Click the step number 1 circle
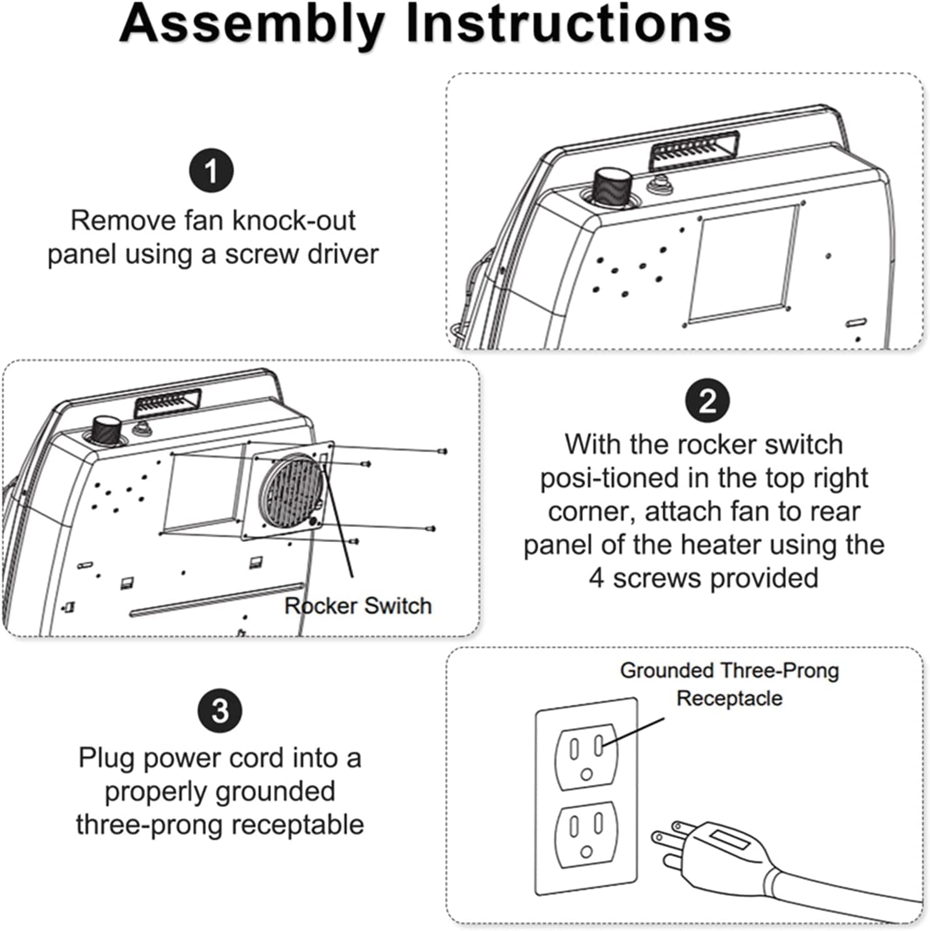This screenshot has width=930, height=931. click(x=211, y=170)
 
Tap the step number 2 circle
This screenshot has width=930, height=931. click(x=707, y=401)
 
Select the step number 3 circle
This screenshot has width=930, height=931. click(x=220, y=711)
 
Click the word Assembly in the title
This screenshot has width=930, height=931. click(x=251, y=25)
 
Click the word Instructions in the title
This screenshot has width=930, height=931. click(x=568, y=25)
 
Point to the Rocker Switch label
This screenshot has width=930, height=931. click(x=358, y=606)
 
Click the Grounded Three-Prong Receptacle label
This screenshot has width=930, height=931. click(x=729, y=684)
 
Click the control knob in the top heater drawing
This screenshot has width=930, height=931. click(x=610, y=186)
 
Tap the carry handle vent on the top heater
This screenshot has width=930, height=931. click(x=694, y=150)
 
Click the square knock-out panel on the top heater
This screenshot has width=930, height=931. click(x=742, y=265)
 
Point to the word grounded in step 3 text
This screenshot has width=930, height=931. click(x=220, y=791)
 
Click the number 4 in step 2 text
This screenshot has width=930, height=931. click(x=596, y=578)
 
